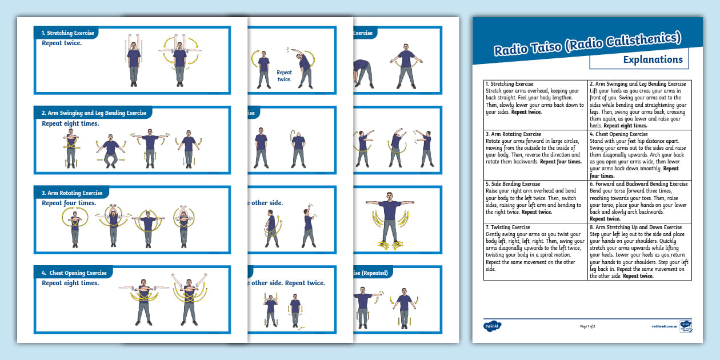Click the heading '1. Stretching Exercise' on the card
pyautogui.click(x=67, y=33)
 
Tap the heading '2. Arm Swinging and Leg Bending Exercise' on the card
pyautogui.click(x=94, y=113)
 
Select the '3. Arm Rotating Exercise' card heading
pyautogui.click(x=72, y=193)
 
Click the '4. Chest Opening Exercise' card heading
pyautogui.click(x=74, y=273)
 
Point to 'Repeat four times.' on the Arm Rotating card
pyautogui.click(x=69, y=203)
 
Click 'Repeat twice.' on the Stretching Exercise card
pyautogui.click(x=61, y=43)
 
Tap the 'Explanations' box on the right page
pyautogui.click(x=639, y=59)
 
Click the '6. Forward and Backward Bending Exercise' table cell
pyautogui.click(x=639, y=201)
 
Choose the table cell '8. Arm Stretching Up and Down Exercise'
pyautogui.click(x=639, y=251)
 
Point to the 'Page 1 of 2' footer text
pyautogui.click(x=587, y=326)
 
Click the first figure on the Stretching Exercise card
pyautogui.click(x=133, y=61)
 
